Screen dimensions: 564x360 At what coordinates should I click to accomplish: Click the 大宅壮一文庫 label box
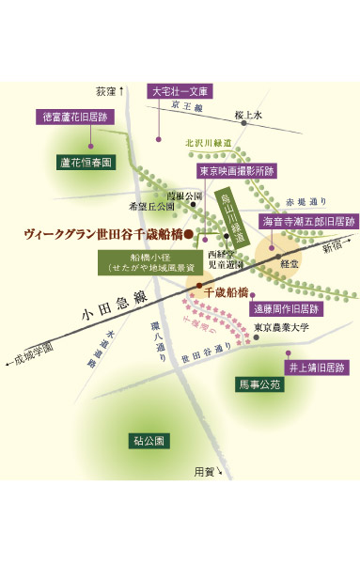tap(182, 92)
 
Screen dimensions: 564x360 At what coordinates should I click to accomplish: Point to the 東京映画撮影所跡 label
tap(237, 172)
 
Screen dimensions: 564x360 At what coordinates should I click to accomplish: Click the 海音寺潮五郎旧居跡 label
tap(295, 222)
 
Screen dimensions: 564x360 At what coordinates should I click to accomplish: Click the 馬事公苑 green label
tap(258, 384)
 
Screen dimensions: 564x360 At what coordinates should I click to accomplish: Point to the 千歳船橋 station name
tap(230, 292)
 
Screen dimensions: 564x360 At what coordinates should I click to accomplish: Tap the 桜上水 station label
tap(249, 115)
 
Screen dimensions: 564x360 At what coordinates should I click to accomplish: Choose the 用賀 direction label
tap(206, 470)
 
